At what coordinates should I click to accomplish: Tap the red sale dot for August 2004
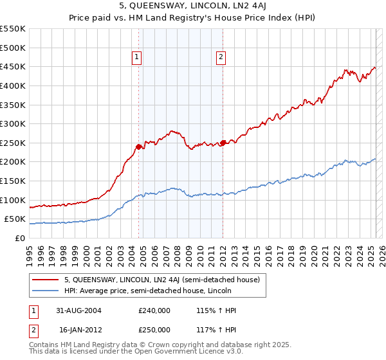click(139, 147)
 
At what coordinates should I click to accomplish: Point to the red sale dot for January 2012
click(223, 143)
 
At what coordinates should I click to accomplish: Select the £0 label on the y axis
click(19, 238)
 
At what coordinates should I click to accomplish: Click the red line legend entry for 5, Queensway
click(161, 280)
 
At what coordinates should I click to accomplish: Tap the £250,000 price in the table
click(154, 329)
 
